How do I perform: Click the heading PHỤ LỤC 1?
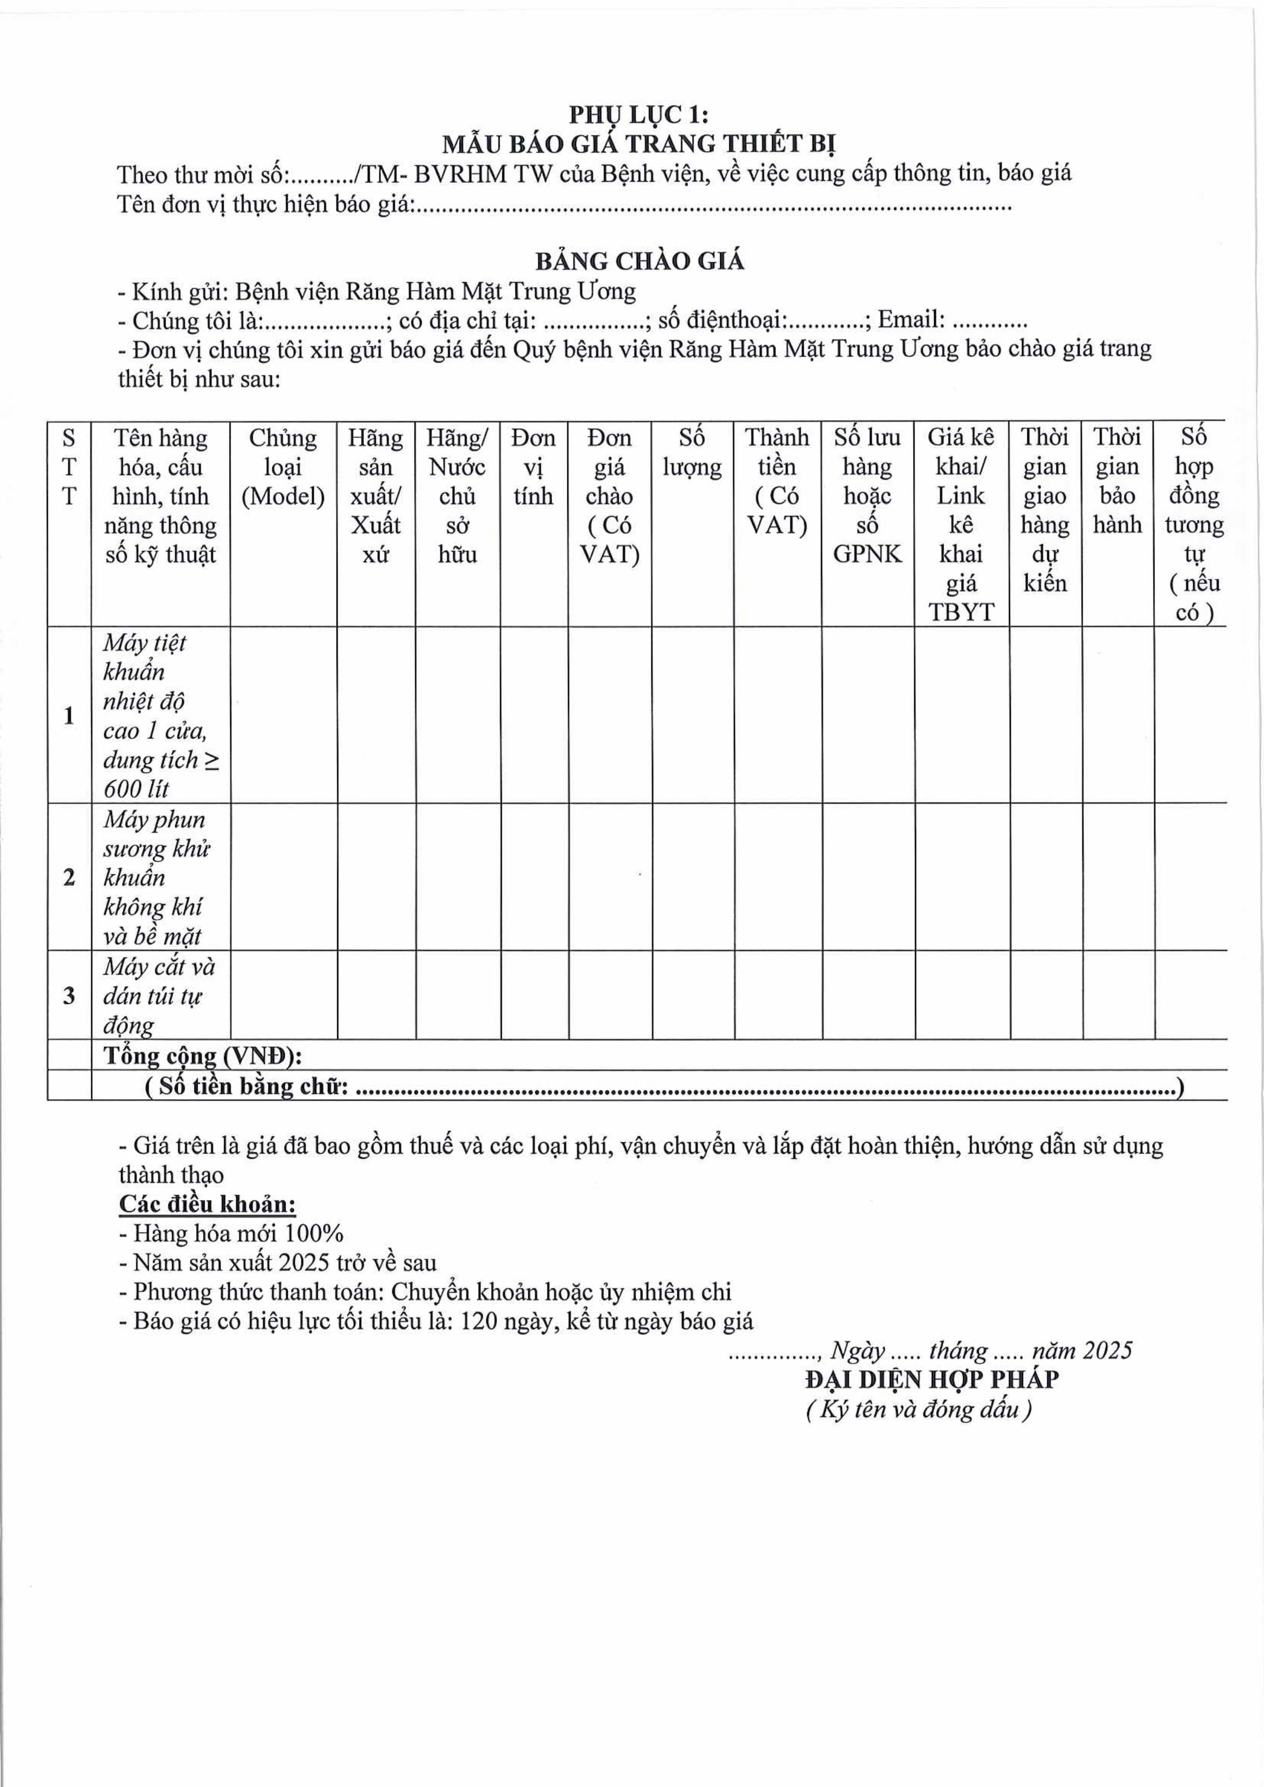coord(638,115)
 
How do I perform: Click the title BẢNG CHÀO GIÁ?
coord(639,261)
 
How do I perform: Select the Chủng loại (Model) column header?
coord(283,467)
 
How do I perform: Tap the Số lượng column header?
coord(692,452)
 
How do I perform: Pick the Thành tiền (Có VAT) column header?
coord(777,481)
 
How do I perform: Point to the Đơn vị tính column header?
coord(533,467)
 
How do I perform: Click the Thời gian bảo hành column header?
coord(1117,481)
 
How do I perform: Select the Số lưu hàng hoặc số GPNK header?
coord(867,496)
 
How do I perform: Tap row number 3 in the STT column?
coord(68,996)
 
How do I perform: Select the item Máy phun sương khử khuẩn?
coord(156,877)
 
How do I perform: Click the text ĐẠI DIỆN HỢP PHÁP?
coord(931,1380)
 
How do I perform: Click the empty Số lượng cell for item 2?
coord(693,877)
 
